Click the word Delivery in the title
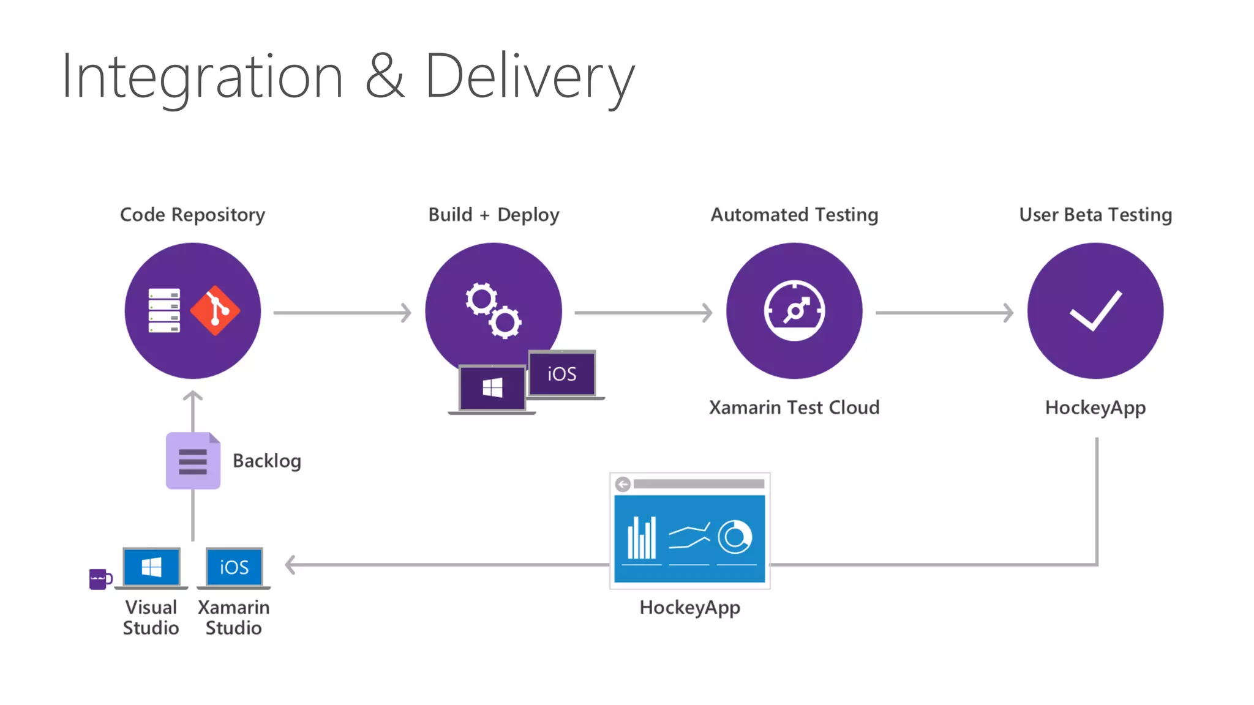pos(530,76)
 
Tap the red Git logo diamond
pos(215,310)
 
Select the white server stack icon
pos(164,310)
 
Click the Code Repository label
pos(192,215)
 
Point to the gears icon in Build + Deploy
pos(493,310)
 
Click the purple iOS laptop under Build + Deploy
pos(562,373)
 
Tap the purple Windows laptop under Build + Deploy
pos(492,388)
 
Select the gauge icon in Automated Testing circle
pos(794,310)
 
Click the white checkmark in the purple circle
pos(1095,310)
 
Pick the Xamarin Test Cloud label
pos(794,408)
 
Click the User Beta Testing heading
pos(1095,215)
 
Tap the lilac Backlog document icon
pos(193,461)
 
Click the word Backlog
pos(267,461)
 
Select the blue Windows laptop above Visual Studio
pos(151,567)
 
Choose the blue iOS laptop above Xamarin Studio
pos(234,567)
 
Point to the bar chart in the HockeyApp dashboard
pos(642,538)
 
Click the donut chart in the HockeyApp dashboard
pos(735,537)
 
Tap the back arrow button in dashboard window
pos(623,485)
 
